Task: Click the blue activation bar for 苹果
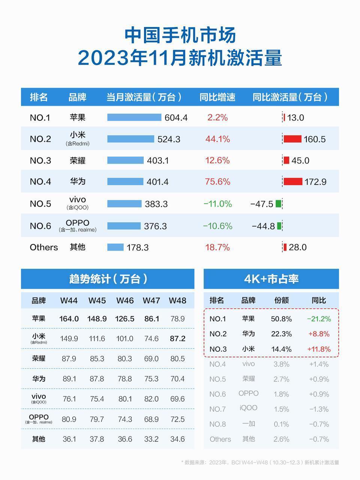pos(134,117)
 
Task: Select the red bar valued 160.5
pos(292,139)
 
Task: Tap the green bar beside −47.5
pos(278,204)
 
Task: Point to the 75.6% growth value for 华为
pos(217,182)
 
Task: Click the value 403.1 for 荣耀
pos(157,160)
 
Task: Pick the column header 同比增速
pos(217,97)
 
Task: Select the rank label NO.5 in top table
pos(40,204)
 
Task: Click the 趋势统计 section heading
pos(108,279)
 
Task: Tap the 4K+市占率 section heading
pos(271,279)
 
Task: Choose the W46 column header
pos(125,301)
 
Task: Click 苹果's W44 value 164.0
pos(69,319)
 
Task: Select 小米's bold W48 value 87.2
pos(177,339)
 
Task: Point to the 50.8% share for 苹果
pos(281,319)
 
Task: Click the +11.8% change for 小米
pos(319,349)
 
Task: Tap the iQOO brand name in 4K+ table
pos(249,408)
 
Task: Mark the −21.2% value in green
pos(319,319)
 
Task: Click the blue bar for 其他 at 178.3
pos(115,247)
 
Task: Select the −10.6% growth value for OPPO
pos(217,226)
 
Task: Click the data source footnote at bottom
pos(260,462)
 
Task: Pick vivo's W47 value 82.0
pos(151,399)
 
